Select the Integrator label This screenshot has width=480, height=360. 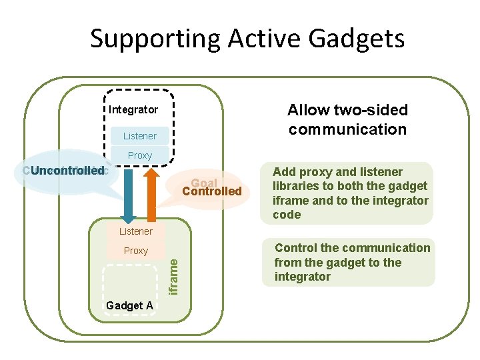tap(133, 109)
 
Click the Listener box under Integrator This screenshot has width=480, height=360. tap(139, 136)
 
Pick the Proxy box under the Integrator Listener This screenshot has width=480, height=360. tap(139, 155)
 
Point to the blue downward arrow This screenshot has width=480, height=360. tap(127, 193)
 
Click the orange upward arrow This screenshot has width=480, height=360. tap(151, 193)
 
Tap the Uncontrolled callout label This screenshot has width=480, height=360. tap(65, 171)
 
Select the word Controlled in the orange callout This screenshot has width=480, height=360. tap(212, 192)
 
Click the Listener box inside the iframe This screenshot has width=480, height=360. tap(135, 231)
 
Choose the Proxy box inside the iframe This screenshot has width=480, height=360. tap(135, 251)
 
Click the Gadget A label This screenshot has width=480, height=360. tap(129, 305)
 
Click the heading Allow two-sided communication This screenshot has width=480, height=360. tap(347, 119)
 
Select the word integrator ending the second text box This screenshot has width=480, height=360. tap(303, 277)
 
